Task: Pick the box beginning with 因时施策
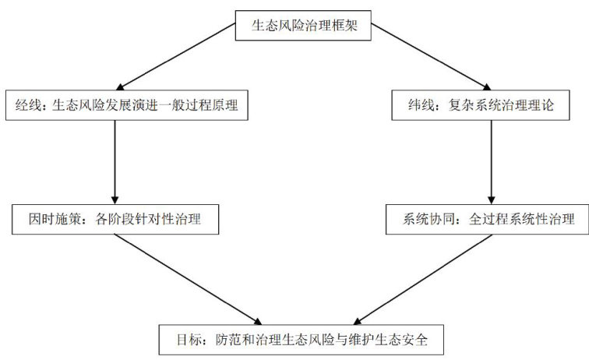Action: (x=115, y=219)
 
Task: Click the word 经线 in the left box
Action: (x=30, y=108)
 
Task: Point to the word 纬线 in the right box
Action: (x=409, y=108)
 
